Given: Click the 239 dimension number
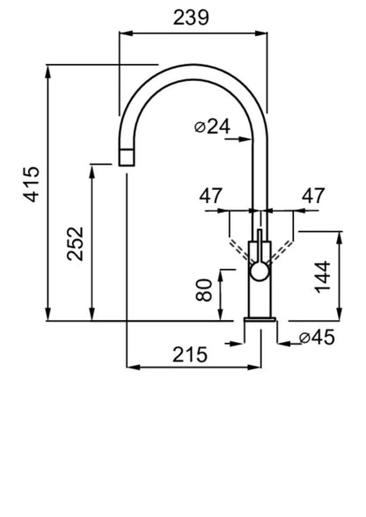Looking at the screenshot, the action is click(x=191, y=18).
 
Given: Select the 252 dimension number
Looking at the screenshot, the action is click(x=76, y=244).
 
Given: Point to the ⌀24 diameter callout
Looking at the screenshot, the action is click(x=213, y=127).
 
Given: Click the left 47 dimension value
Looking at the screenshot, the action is click(x=210, y=196).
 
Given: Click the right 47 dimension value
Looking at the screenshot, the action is click(x=313, y=196).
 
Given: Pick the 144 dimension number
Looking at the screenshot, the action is click(x=323, y=277).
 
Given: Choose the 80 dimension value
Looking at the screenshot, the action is click(x=204, y=290).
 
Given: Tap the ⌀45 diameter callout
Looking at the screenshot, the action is click(x=317, y=337).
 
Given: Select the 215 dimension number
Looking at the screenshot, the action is click(x=190, y=355).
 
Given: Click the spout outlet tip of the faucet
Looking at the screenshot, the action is click(x=127, y=157).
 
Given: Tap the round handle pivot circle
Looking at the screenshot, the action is click(x=260, y=272).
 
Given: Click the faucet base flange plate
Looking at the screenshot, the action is click(x=260, y=319).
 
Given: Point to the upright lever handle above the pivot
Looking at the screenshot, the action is click(x=260, y=245).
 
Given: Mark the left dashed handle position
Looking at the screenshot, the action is click(x=240, y=251).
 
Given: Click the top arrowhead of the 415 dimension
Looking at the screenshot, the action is click(x=48, y=71).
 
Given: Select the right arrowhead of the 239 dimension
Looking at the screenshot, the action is click(x=261, y=33).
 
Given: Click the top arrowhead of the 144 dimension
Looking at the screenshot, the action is click(x=340, y=237).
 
